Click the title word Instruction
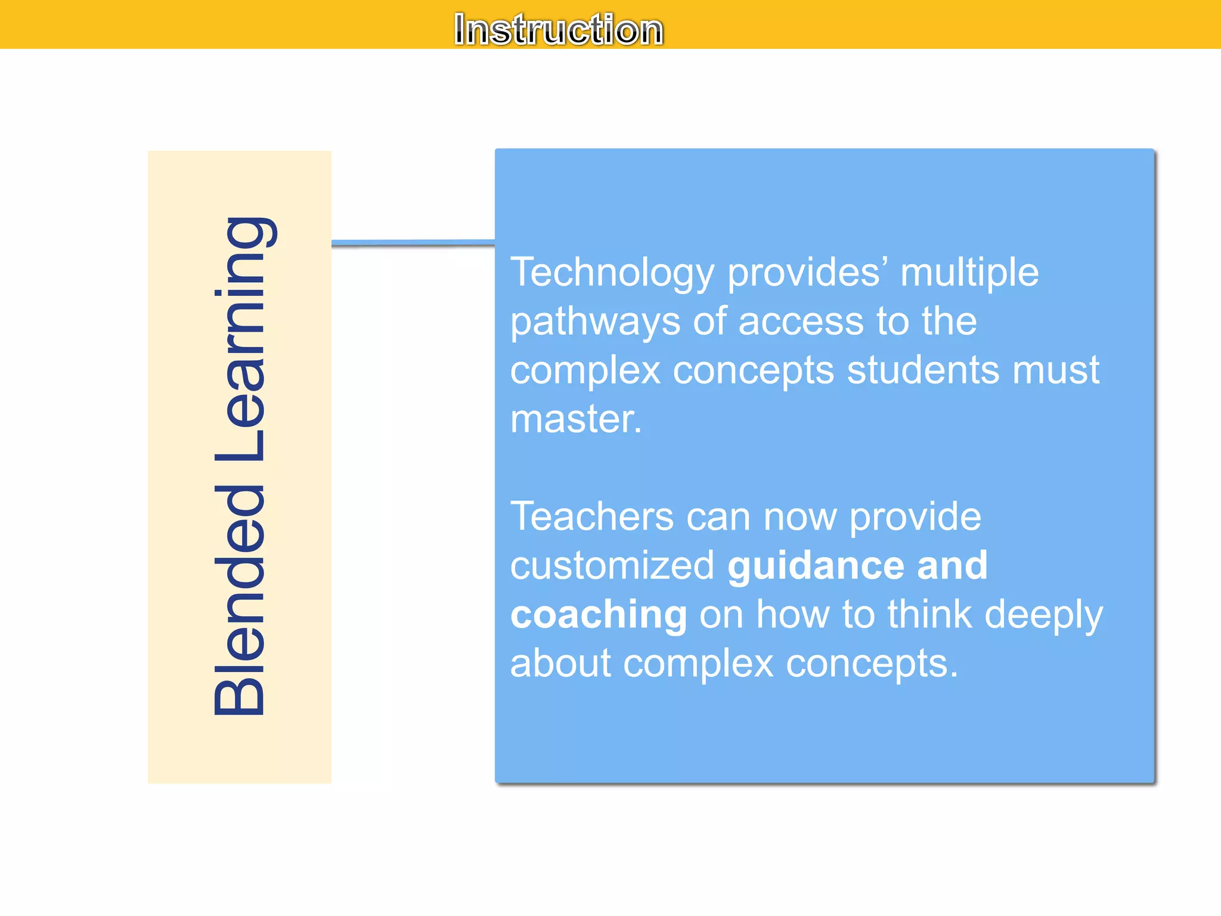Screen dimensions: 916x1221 pyautogui.click(x=558, y=29)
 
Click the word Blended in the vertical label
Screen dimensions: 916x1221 pyautogui.click(x=239, y=599)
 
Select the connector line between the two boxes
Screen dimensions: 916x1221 pyautogui.click(x=413, y=243)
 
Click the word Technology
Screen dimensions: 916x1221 pyautogui.click(x=612, y=273)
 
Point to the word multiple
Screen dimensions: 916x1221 pyautogui.click(x=969, y=273)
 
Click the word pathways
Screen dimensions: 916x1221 pyautogui.click(x=594, y=322)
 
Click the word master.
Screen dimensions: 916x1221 pyautogui.click(x=575, y=419)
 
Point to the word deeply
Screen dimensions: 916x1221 pyautogui.click(x=1043, y=615)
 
